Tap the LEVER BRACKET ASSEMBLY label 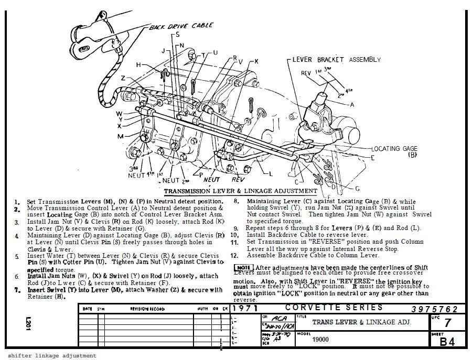[336, 60]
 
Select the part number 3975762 [435, 309]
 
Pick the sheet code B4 [447, 342]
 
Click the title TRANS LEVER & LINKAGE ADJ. [361, 322]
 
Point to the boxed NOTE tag [243, 268]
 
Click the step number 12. [234, 256]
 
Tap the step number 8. [236, 201]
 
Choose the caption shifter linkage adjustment [51, 355]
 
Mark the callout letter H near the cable [139, 65]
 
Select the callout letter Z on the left [123, 78]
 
